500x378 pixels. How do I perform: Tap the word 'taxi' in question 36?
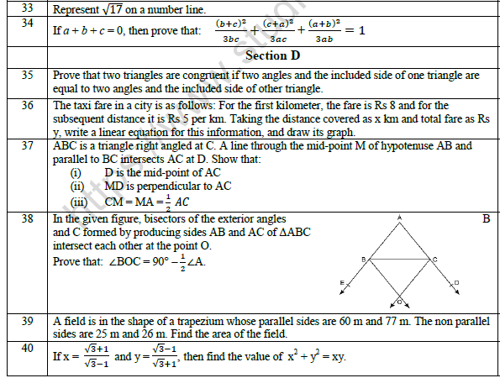click(82, 106)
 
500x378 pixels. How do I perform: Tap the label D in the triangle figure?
click(455, 283)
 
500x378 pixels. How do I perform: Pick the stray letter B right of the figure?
click(485, 219)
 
